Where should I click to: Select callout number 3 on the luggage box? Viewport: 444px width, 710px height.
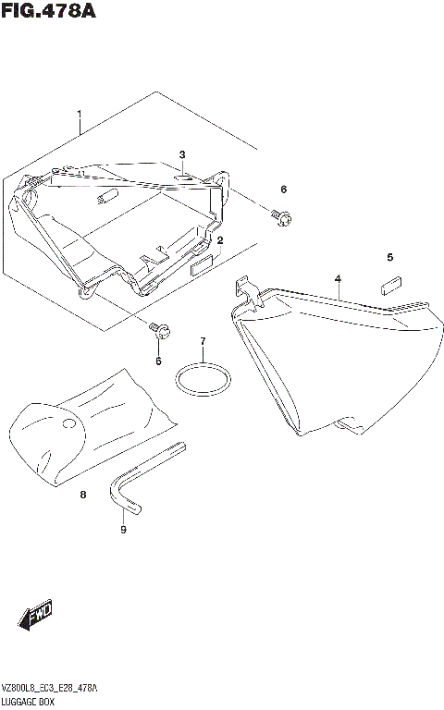(x=182, y=154)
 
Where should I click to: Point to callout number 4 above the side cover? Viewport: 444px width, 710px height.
(x=338, y=278)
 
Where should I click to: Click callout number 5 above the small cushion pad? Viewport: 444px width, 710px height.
(x=389, y=257)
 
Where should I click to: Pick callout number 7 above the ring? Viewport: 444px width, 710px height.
(x=203, y=342)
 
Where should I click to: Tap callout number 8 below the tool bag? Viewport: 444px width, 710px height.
(x=82, y=496)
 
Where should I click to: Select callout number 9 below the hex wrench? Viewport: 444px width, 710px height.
(x=122, y=530)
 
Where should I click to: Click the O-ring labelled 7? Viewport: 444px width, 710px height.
(x=203, y=379)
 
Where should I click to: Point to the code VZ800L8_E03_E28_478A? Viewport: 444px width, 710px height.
(x=51, y=690)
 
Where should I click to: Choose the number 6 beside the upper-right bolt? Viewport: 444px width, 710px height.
(x=284, y=190)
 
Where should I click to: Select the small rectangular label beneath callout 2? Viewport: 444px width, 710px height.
(x=202, y=269)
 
